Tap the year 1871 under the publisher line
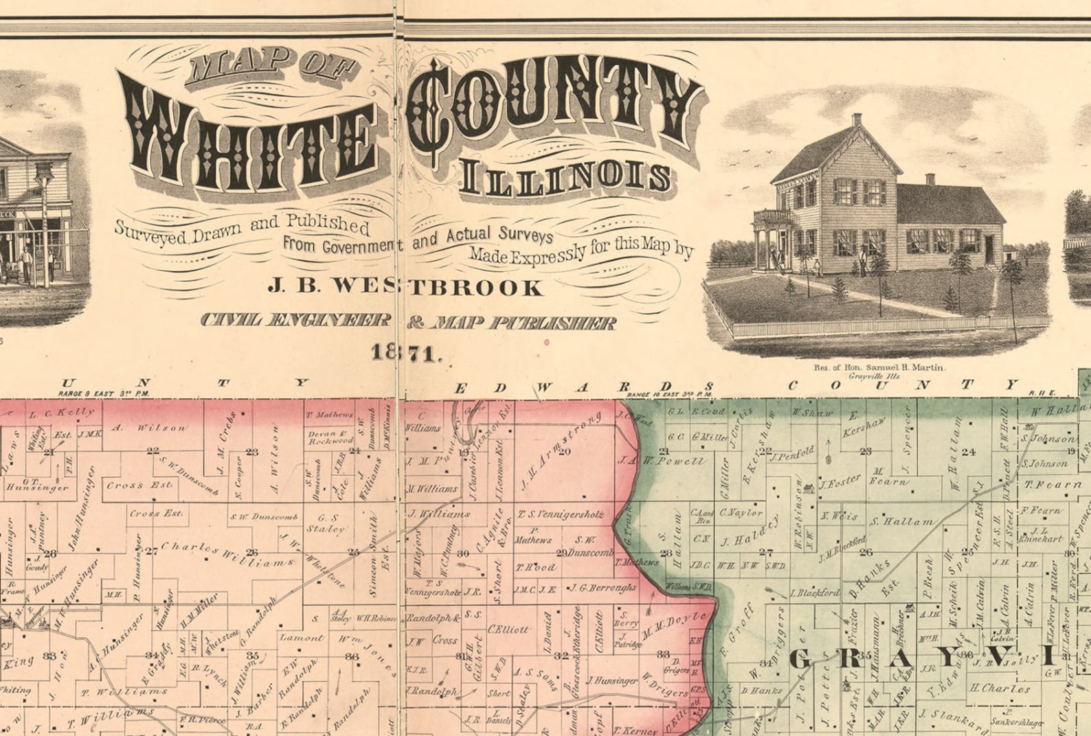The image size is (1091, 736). click(x=405, y=353)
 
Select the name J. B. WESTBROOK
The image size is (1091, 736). click(x=405, y=286)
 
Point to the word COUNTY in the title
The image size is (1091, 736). click(x=556, y=110)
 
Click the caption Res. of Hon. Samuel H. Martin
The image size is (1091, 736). click(x=879, y=367)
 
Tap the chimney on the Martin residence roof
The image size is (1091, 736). click(x=857, y=120)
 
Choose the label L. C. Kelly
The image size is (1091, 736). click(x=61, y=413)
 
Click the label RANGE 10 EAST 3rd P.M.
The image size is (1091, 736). click(x=671, y=395)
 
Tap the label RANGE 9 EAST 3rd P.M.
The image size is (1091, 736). click(x=104, y=394)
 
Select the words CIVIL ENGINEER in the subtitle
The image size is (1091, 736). click(x=296, y=321)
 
